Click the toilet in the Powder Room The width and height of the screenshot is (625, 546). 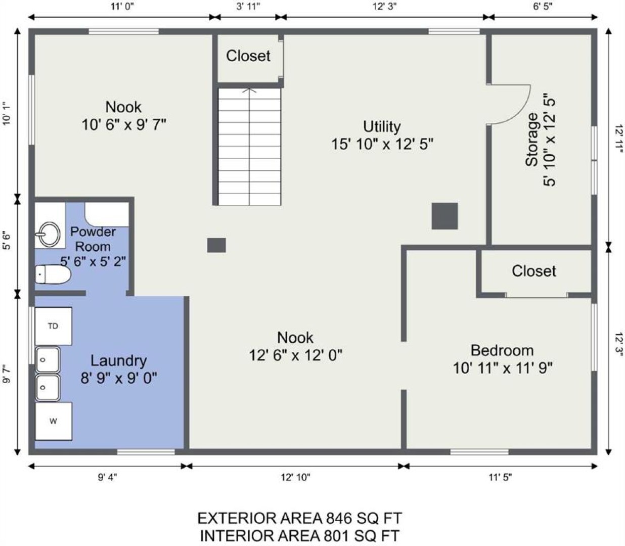[53, 274]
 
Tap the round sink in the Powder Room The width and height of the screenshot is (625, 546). [49, 234]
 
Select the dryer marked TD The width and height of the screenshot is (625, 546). [54, 326]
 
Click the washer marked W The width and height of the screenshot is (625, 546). [54, 421]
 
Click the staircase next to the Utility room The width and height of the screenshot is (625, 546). [249, 147]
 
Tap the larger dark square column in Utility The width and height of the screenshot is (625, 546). [444, 216]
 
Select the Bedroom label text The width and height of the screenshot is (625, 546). [502, 350]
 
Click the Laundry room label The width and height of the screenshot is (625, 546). [118, 360]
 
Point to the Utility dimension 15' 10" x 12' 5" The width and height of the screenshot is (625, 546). [382, 144]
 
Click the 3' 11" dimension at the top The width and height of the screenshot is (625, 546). [248, 7]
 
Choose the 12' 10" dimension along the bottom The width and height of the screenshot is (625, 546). [295, 477]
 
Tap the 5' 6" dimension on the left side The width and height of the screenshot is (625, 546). [7, 241]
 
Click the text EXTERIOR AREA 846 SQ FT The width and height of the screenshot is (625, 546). [300, 518]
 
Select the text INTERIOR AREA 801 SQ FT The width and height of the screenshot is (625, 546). [300, 535]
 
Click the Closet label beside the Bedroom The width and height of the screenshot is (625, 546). [533, 271]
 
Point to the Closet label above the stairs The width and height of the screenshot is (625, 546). [248, 56]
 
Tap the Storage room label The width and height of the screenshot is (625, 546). [532, 140]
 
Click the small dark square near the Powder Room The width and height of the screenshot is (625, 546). [216, 245]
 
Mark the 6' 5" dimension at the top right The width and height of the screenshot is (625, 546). [543, 7]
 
